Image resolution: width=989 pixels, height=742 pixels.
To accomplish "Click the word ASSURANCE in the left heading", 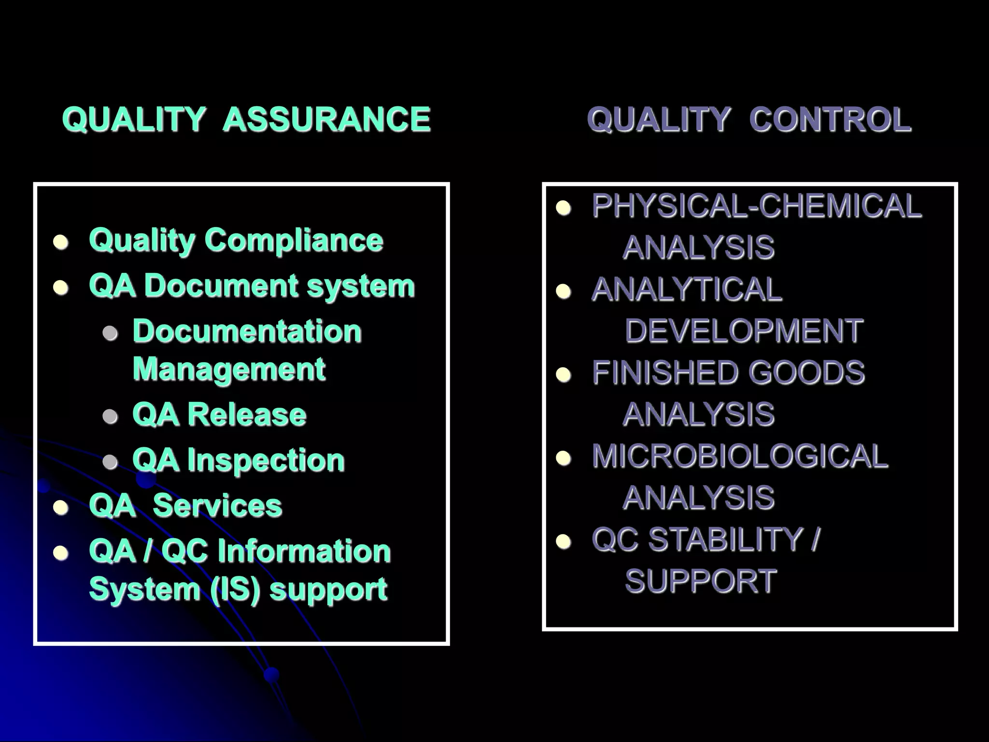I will pyautogui.click(x=326, y=119).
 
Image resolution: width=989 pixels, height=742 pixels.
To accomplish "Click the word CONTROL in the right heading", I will pyautogui.click(x=830, y=119).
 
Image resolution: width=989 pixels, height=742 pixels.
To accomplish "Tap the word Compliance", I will pyautogui.click(x=294, y=240).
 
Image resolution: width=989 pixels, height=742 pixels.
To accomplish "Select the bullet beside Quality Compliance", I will pyautogui.click(x=61, y=242).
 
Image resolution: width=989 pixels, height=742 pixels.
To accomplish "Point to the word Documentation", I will pyautogui.click(x=247, y=331).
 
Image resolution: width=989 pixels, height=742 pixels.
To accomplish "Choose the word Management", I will pyautogui.click(x=229, y=370).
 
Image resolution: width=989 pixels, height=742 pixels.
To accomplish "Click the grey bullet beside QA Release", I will pyautogui.click(x=111, y=416).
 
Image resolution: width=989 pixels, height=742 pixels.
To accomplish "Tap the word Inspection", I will pyautogui.click(x=266, y=460).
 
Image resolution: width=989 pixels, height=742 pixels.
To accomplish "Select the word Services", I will pyautogui.click(x=217, y=506).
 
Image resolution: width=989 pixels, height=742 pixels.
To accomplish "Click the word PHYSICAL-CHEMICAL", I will pyautogui.click(x=757, y=206).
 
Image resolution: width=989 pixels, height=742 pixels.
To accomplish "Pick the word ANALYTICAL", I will pyautogui.click(x=687, y=289).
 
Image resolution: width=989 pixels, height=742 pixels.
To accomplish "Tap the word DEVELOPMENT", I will pyautogui.click(x=744, y=331).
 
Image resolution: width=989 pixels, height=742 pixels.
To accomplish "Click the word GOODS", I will pyautogui.click(x=806, y=372).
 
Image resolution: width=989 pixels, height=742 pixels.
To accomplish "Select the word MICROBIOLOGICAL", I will pyautogui.click(x=740, y=456).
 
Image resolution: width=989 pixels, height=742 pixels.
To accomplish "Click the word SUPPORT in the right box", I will pyautogui.click(x=701, y=581).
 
